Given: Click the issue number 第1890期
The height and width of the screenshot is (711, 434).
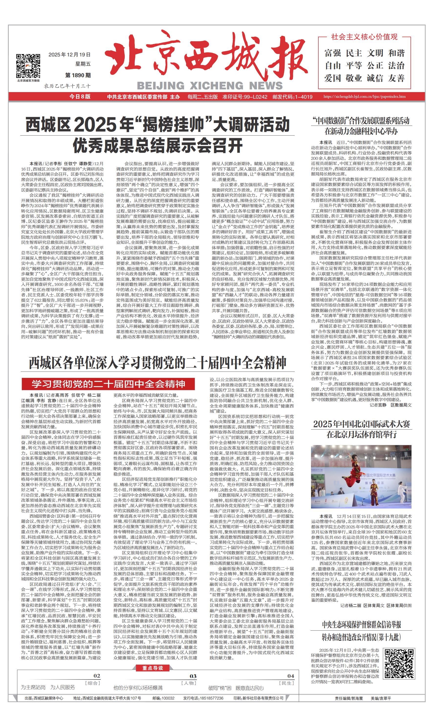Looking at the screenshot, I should click(x=78, y=75).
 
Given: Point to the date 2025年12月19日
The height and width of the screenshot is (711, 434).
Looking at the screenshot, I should click(x=69, y=54).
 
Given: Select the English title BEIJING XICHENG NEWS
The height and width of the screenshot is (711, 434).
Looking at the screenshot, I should click(x=210, y=85).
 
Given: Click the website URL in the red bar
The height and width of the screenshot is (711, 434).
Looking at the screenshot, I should click(x=364, y=97).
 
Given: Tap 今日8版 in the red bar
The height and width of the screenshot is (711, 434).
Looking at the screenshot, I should click(x=80, y=97).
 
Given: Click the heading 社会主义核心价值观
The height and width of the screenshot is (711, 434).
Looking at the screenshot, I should click(x=364, y=37).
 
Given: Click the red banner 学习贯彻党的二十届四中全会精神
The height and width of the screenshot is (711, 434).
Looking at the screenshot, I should click(x=108, y=384).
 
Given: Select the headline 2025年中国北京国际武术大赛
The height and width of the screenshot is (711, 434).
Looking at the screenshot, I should click(x=361, y=424).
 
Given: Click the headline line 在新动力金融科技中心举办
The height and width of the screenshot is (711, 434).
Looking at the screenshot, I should click(x=361, y=132).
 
